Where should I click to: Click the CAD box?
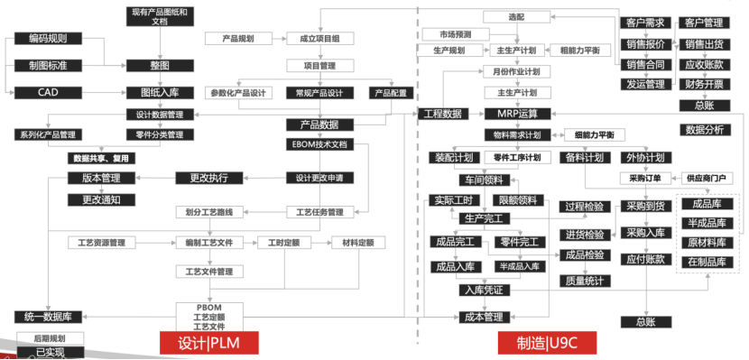pos(48,91)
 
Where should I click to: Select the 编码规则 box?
pos(48,39)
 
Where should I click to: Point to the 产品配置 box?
pos(390,93)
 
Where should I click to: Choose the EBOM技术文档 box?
pos(319,143)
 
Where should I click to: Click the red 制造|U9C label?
pos(546,343)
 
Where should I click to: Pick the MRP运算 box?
pos(517,114)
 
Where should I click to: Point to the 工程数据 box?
pos(442,114)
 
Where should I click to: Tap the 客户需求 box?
pos(644,23)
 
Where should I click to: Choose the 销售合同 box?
pos(644,64)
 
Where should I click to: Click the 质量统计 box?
pos(583,281)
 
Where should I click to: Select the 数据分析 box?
pos(704,130)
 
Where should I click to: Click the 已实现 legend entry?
pos(48,352)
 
